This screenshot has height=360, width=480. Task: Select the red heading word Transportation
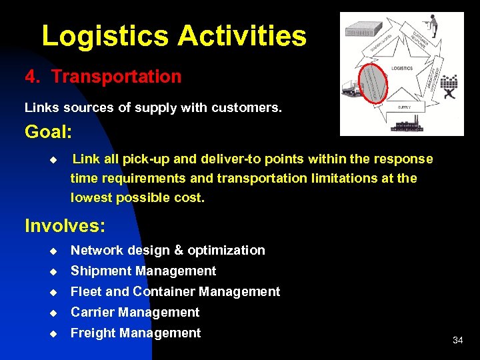click(116, 77)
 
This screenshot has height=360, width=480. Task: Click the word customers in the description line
click(247, 107)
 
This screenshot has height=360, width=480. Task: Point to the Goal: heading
click(49, 132)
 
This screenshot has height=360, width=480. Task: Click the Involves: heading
click(65, 226)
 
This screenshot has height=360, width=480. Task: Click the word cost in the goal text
click(189, 198)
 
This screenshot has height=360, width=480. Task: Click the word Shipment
click(101, 271)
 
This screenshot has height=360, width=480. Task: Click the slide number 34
click(457, 340)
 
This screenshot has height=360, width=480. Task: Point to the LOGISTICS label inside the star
click(402, 69)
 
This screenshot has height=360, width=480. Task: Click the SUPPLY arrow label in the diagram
click(404, 107)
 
